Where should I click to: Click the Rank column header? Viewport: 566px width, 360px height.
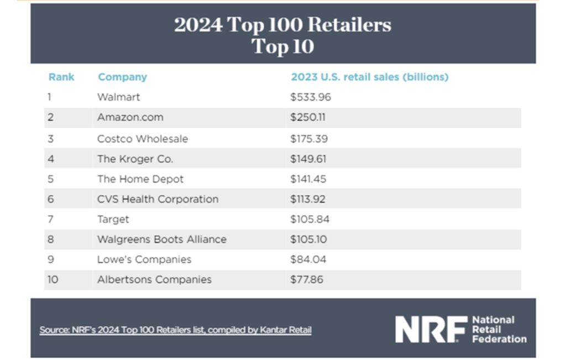61,77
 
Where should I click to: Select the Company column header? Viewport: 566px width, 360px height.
122,77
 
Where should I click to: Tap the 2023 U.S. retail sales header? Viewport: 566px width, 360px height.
369,77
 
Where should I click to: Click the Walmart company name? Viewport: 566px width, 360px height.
118,97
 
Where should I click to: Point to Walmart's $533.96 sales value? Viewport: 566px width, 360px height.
311,97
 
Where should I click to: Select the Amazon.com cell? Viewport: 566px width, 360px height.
130,117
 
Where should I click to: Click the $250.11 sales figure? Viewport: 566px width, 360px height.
308,117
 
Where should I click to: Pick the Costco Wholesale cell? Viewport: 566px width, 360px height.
143,139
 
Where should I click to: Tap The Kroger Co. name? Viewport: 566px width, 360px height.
135,159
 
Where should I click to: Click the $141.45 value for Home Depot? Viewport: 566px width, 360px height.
308,179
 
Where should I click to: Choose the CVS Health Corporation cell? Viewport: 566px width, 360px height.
158,199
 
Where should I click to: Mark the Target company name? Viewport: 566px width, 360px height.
113,219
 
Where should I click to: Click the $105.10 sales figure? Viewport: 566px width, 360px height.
309,239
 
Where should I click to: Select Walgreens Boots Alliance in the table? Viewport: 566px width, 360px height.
161,239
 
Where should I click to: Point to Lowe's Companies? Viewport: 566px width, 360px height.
144,259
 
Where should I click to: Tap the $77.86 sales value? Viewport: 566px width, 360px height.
307,279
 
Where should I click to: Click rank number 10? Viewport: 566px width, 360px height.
52,279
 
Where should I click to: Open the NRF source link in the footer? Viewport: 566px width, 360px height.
175,330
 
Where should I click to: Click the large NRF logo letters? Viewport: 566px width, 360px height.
430,329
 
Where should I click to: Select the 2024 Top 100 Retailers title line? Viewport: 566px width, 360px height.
282,25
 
